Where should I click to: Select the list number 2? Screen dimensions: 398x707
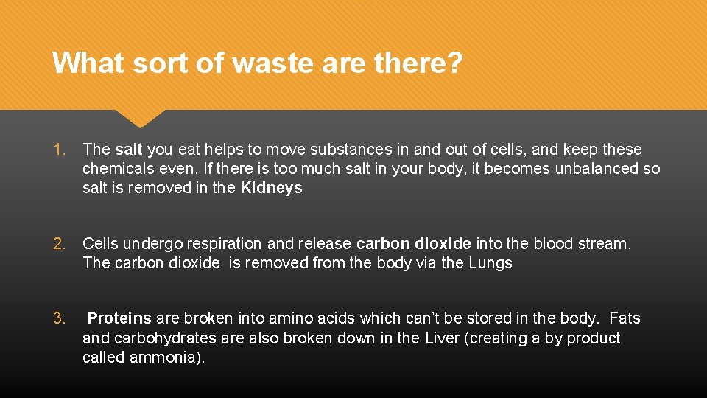tap(60, 244)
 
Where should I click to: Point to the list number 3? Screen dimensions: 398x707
tap(60, 319)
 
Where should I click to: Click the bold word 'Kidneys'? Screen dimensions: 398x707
tap(271, 188)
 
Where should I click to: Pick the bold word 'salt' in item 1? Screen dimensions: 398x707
tap(129, 150)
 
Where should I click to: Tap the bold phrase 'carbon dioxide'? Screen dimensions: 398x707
tap(413, 244)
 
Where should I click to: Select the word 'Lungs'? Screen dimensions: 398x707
tap(490, 263)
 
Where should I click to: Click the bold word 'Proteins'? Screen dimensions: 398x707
tap(119, 319)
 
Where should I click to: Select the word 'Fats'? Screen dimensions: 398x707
tap(625, 319)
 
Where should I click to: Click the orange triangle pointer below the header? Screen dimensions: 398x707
tap(140, 117)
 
